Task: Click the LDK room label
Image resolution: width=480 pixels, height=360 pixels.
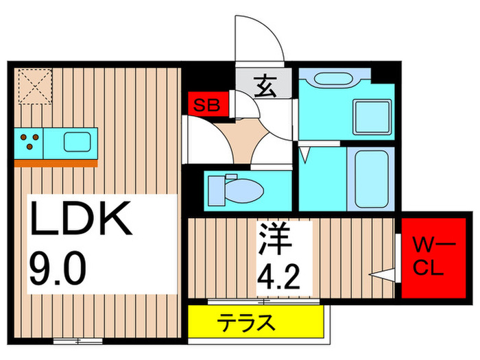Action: click(81, 218)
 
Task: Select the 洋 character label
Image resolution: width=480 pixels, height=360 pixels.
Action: click(274, 238)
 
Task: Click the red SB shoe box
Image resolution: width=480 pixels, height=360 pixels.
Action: click(208, 104)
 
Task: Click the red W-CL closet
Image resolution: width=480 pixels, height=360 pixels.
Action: click(433, 258)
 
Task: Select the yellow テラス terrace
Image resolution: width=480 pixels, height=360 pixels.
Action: click(256, 322)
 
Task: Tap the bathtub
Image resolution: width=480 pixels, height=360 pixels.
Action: click(372, 179)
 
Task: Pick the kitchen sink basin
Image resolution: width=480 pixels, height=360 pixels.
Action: click(77, 142)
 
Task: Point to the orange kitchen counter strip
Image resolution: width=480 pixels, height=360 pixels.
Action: click(56, 163)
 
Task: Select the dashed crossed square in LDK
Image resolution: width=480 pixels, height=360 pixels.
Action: click(35, 86)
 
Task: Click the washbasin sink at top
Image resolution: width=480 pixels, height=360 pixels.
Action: click(337, 78)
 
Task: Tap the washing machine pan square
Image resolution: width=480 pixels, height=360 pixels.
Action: click(372, 117)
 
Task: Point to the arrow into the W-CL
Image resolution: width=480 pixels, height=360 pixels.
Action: click(382, 274)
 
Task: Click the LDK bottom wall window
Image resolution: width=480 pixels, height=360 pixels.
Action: click(77, 341)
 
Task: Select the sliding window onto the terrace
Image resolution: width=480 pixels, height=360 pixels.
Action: click(263, 302)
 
